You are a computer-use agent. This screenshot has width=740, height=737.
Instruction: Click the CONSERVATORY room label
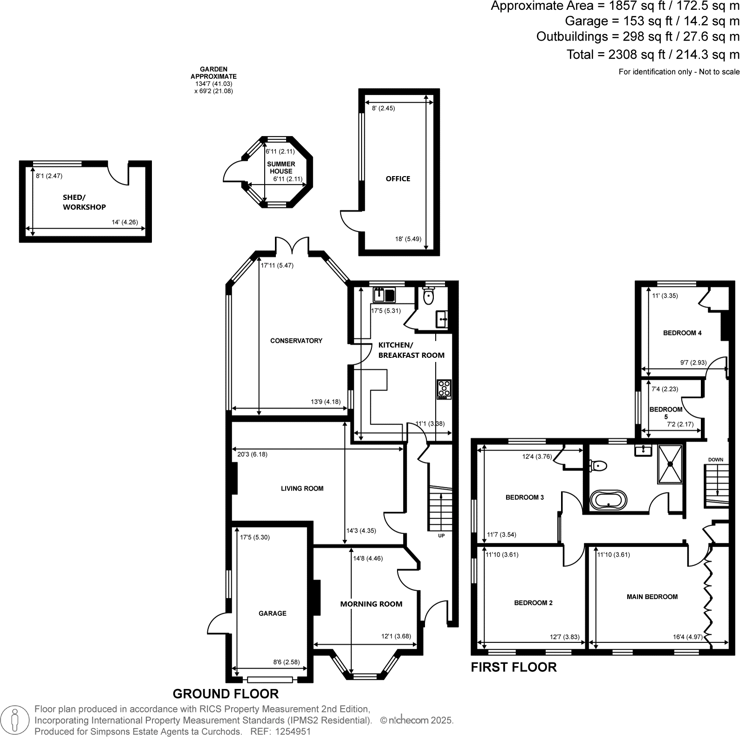tap(296, 341)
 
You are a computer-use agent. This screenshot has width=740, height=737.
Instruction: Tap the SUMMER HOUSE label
tap(281, 168)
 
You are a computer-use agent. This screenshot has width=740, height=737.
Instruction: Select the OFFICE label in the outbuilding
tap(398, 178)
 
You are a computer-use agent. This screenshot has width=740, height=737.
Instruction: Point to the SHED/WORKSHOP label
tap(84, 202)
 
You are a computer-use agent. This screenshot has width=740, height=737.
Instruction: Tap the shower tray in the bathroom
tap(671, 464)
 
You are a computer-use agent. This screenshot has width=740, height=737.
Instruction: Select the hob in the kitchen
tap(444, 389)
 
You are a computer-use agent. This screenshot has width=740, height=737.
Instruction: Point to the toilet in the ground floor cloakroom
tap(428, 295)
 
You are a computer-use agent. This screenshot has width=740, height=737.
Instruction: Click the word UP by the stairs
tap(441, 536)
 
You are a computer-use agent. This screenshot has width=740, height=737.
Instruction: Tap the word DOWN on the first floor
tap(716, 460)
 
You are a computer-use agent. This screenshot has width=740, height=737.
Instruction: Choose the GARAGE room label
tap(273, 614)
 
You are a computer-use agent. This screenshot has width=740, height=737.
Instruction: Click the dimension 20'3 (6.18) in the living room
tap(252, 454)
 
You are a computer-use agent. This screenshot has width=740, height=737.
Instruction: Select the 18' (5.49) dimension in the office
tap(408, 239)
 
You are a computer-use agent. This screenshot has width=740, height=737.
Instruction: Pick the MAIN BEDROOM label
tap(652, 597)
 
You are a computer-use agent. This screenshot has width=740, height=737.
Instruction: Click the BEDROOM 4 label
tap(682, 333)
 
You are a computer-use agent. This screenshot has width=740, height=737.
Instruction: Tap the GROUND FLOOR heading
tap(226, 694)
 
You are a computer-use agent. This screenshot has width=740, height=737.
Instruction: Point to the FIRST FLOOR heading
tap(514, 668)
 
